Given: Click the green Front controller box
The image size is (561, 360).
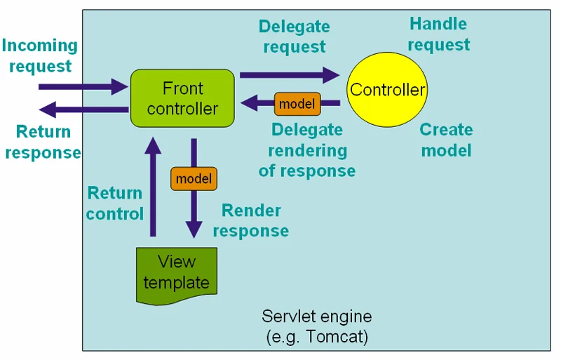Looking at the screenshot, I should click(x=182, y=98).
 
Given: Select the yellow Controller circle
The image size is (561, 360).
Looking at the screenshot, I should click(x=387, y=90).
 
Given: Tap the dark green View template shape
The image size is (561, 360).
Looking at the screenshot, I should click(x=176, y=274).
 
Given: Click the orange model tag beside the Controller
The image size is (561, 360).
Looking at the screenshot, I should click(x=297, y=105).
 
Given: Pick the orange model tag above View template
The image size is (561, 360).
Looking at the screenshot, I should click(x=194, y=179).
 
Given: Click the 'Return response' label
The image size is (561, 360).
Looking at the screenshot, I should click(x=43, y=142).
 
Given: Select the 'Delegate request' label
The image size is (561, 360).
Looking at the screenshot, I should click(x=294, y=36).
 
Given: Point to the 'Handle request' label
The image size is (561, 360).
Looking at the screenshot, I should click(x=438, y=34).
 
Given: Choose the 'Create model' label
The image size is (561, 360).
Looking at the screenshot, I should click(x=446, y=140).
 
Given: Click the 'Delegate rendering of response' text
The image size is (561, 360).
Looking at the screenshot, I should click(x=307, y=150).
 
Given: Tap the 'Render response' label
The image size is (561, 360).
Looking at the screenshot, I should click(x=251, y=220).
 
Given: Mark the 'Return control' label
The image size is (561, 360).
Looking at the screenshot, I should click(x=114, y=203).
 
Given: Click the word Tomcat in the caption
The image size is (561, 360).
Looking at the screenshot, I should click(x=337, y=337).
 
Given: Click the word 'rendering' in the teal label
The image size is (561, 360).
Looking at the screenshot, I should click(x=307, y=150).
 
